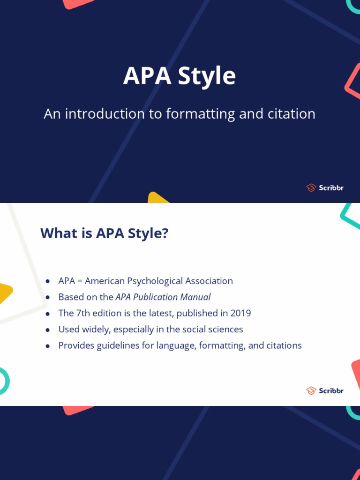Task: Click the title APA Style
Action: click(x=180, y=76)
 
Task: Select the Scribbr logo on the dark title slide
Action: click(x=324, y=188)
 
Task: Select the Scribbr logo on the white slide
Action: click(x=324, y=390)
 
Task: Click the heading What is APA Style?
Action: click(x=104, y=233)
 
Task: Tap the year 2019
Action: click(x=240, y=313)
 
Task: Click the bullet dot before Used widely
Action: click(x=48, y=330)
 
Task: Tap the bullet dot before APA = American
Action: click(x=48, y=282)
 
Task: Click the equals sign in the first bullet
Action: click(x=80, y=281)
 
